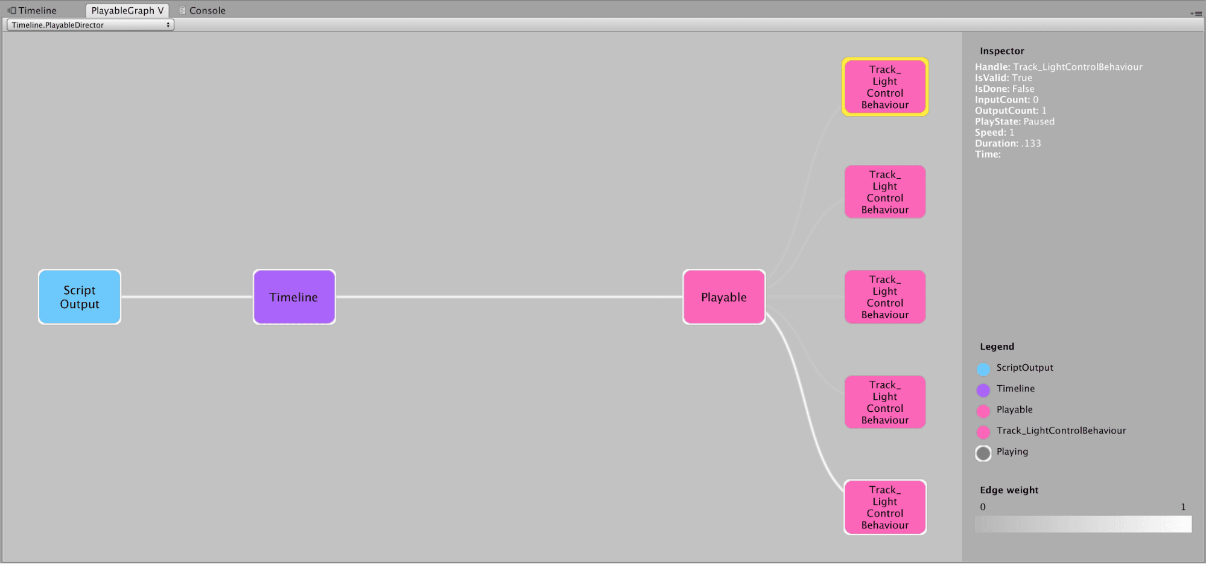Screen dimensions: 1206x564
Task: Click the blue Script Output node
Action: (80, 297)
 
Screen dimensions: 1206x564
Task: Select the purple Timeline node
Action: (294, 297)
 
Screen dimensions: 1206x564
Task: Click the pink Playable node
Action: (724, 297)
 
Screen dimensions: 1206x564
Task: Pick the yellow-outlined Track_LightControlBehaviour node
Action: (885, 87)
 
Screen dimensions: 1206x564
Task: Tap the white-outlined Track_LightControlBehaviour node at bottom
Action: (885, 507)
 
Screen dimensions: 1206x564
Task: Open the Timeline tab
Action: (33, 10)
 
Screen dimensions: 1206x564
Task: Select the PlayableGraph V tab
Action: (127, 10)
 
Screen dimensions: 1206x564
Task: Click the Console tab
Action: (202, 10)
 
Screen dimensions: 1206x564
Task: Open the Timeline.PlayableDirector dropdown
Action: (90, 25)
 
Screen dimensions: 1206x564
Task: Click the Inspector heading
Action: (1002, 51)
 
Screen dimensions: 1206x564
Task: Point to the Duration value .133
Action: (1031, 143)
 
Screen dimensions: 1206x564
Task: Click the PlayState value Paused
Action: (1039, 121)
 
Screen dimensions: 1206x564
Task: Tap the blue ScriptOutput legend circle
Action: (983, 369)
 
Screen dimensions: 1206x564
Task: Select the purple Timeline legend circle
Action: (983, 390)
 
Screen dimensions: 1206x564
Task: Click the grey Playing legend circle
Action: (983, 453)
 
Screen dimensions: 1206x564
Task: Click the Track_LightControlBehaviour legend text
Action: (1061, 431)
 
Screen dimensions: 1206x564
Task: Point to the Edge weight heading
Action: (1009, 490)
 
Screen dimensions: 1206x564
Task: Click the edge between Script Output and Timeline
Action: (187, 296)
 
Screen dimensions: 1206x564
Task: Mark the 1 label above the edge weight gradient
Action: (1183, 507)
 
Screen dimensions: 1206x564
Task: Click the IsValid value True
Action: (1022, 78)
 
